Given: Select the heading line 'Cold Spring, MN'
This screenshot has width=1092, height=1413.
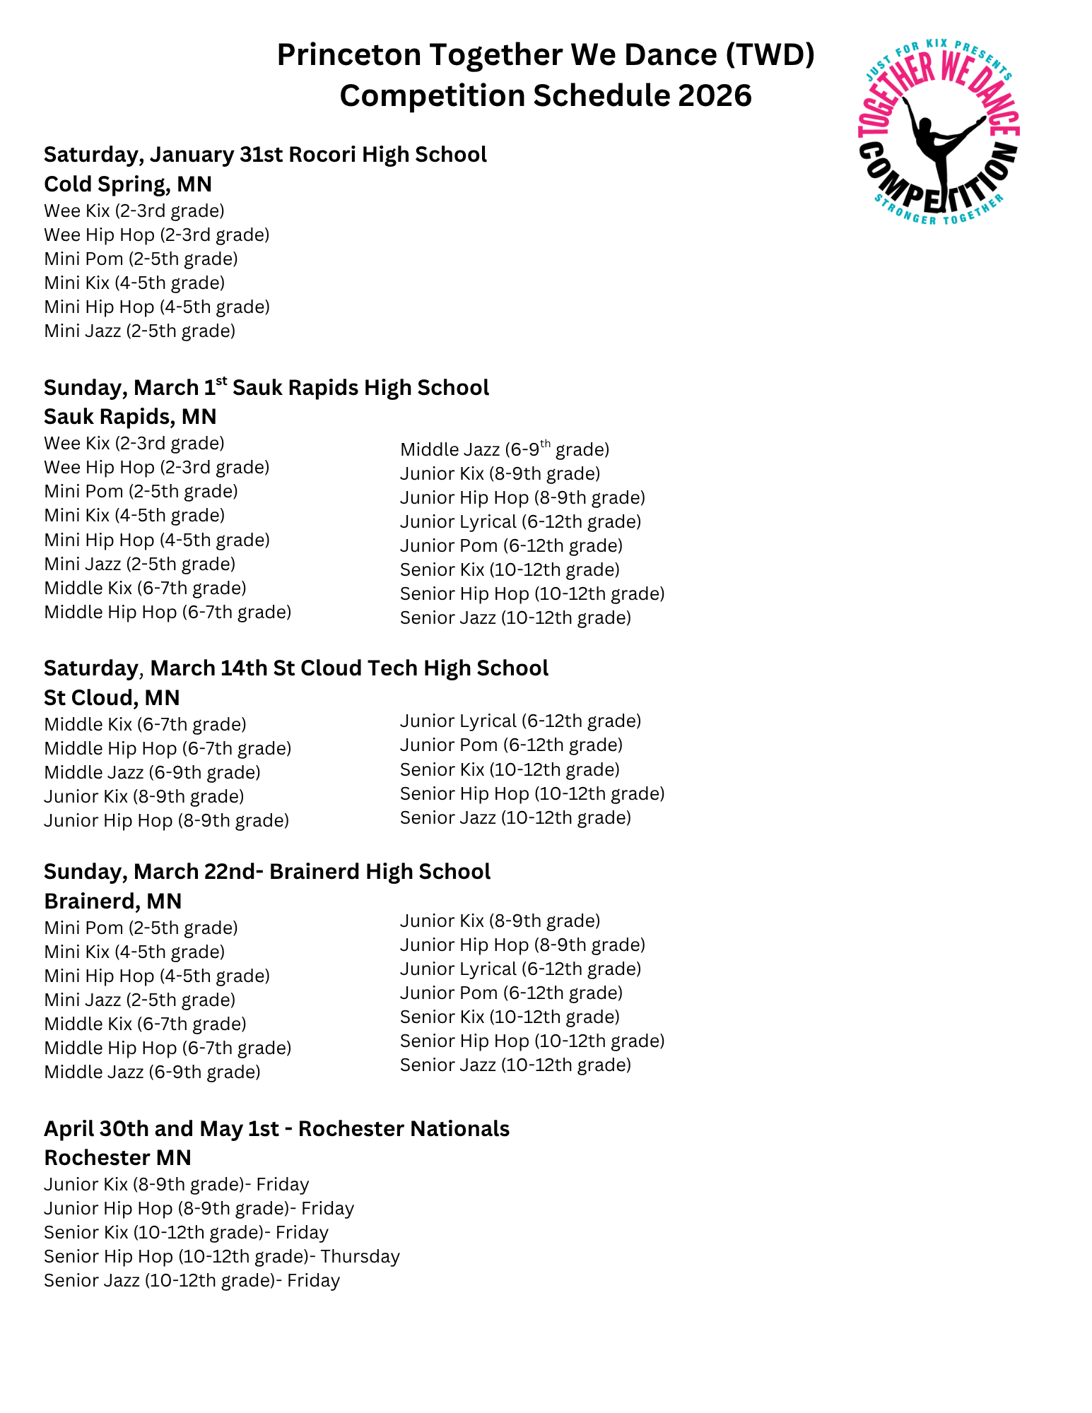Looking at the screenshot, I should [x=128, y=184].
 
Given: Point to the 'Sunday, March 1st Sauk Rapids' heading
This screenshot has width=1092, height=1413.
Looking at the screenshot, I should [x=266, y=387].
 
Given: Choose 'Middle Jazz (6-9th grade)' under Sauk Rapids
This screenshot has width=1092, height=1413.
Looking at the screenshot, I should [x=504, y=449].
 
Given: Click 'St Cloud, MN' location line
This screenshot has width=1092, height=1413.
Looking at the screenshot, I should [x=112, y=697].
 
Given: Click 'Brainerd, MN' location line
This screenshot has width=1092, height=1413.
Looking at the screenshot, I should [x=113, y=901].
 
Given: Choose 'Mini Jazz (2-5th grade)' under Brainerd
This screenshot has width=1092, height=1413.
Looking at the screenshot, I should [x=139, y=1000].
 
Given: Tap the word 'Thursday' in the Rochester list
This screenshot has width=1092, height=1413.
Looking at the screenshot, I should [x=360, y=1256].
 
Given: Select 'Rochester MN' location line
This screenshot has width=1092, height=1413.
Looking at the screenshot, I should [x=117, y=1157].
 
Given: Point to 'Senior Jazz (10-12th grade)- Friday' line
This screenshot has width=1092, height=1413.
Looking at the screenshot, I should [x=192, y=1280].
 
